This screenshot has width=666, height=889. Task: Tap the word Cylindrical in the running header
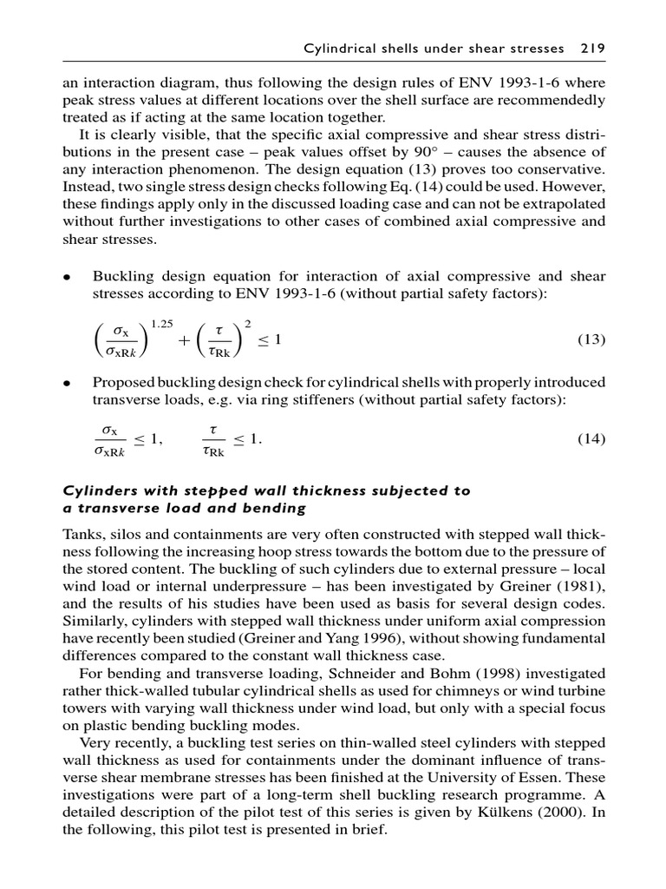click(x=339, y=49)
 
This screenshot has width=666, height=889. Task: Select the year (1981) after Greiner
click(x=577, y=587)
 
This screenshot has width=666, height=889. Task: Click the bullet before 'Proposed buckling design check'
click(x=65, y=384)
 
